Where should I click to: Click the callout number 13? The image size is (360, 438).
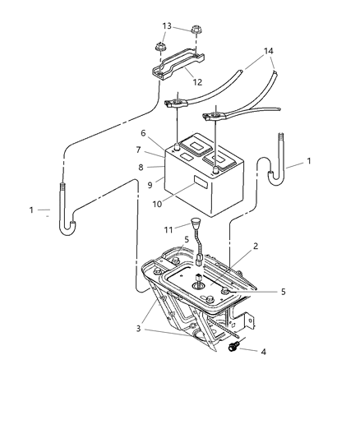point(168,26)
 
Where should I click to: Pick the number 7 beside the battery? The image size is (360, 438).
point(140,150)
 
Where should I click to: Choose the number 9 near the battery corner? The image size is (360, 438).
point(150,184)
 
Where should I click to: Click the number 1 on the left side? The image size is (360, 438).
point(31,210)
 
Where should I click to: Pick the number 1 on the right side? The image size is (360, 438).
point(308,162)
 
